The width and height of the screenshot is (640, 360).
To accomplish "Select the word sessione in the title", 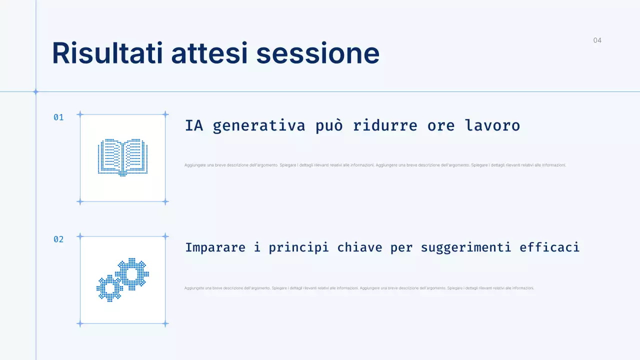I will click(x=317, y=53).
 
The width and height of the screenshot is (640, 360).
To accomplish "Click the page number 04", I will click(x=597, y=40).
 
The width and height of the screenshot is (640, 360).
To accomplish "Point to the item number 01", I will click(x=58, y=117).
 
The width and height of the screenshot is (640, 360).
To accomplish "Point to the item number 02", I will click(x=58, y=239).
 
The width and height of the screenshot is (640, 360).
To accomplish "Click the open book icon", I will click(x=122, y=157).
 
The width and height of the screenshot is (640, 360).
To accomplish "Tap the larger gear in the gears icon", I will click(x=132, y=274).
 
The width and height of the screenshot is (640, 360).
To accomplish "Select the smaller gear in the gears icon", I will click(x=109, y=288).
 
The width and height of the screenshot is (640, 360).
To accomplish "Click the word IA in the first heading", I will click(x=194, y=125).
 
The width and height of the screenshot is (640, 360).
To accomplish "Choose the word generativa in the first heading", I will click(x=258, y=125).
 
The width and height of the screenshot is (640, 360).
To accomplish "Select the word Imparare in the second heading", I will click(x=215, y=247).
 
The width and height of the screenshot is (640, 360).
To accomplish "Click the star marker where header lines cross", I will click(x=35, y=91).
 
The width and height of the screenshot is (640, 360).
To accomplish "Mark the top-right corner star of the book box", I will click(x=165, y=114).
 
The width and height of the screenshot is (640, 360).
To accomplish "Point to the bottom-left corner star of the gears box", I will click(x=79, y=323).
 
